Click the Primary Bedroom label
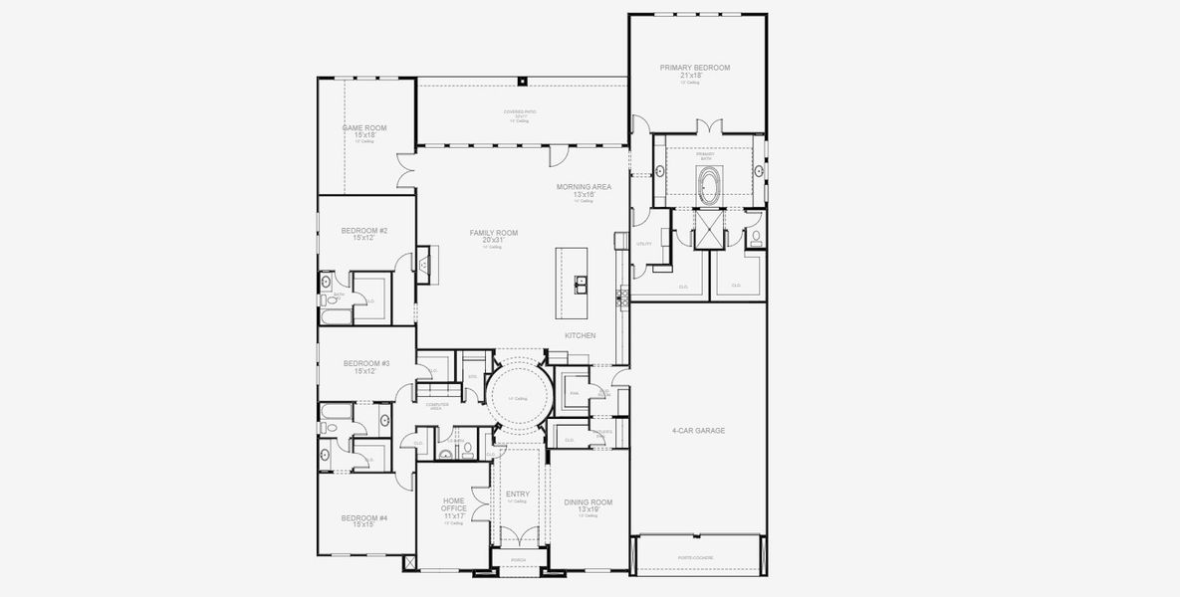tap(694, 68)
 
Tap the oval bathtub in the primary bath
tap(709, 185)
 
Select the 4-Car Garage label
tap(698, 431)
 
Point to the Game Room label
tap(364, 127)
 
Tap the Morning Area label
tap(585, 186)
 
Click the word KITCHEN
tap(580, 335)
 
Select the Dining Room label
tap(589, 502)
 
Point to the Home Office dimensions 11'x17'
tap(454, 515)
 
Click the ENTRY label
tap(518, 494)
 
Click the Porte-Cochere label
tap(697, 557)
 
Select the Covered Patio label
tap(520, 111)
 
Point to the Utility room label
tap(644, 243)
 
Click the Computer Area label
tap(437, 405)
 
